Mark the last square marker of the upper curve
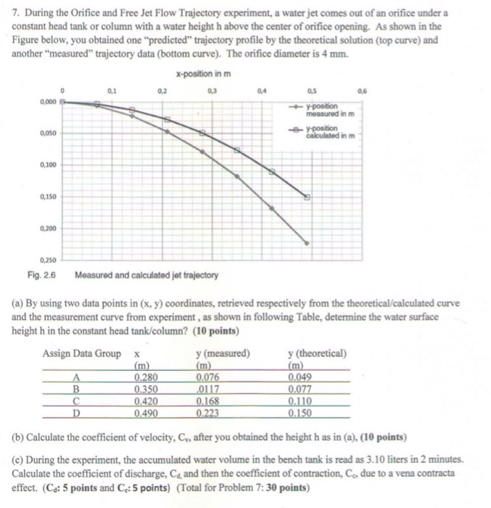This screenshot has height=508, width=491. click(x=307, y=197)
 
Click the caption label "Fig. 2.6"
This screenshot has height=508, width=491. click(x=41, y=275)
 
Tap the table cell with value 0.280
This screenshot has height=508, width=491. click(x=147, y=377)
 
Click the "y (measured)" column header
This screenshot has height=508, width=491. click(x=223, y=353)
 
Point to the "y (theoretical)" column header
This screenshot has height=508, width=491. click(x=317, y=353)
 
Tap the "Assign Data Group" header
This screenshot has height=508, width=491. click(x=81, y=353)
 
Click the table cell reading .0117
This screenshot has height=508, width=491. click(x=208, y=389)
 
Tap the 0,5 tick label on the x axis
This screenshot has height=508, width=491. click(x=312, y=91)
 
